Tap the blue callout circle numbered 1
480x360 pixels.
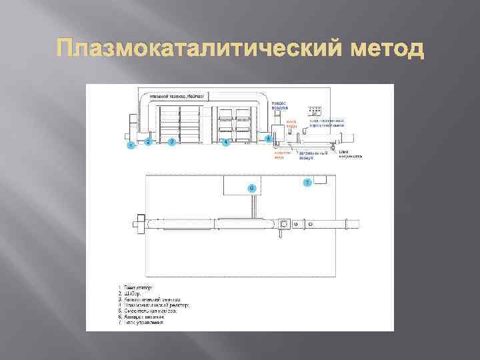click(131, 145)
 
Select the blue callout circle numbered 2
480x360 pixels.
click(149, 141)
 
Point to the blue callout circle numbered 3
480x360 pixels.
click(171, 141)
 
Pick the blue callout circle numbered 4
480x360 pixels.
click(225, 142)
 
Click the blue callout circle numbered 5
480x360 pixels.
click(269, 139)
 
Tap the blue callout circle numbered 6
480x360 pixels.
click(251, 188)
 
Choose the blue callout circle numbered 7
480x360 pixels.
click(307, 182)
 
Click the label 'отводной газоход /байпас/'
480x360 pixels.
click(171, 97)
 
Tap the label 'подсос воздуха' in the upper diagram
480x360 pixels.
click(279, 105)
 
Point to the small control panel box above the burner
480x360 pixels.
click(315, 111)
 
